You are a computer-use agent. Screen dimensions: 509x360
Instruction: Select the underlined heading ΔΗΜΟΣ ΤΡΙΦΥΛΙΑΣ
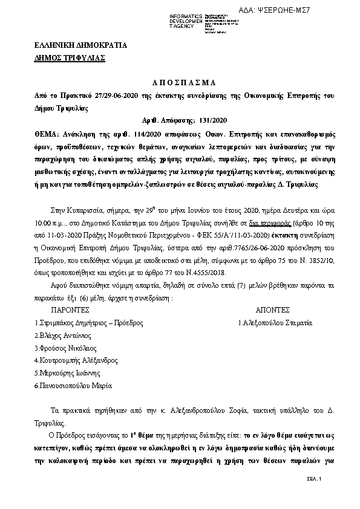point(70,58)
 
